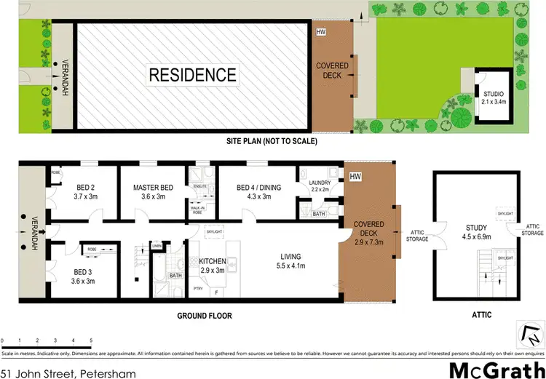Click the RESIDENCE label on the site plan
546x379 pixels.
point(193,74)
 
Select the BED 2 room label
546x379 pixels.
point(86,191)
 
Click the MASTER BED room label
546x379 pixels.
point(154,191)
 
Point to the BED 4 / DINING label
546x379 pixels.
point(255,191)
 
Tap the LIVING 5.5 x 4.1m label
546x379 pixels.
point(291,260)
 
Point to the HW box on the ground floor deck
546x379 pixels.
point(356,177)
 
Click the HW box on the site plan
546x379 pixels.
point(321,33)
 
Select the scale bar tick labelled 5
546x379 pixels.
point(91,340)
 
